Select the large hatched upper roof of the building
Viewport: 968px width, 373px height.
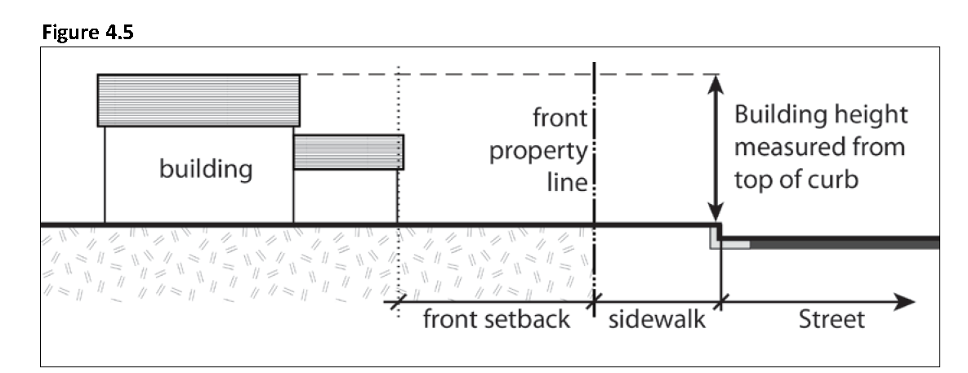(199, 100)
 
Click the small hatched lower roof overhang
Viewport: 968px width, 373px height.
(349, 152)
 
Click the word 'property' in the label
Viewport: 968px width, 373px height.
(538, 153)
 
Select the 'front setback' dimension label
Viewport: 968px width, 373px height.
(496, 319)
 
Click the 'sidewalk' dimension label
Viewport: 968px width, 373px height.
(657, 319)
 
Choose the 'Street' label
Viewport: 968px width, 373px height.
(830, 319)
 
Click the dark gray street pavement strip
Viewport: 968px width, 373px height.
(850, 243)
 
